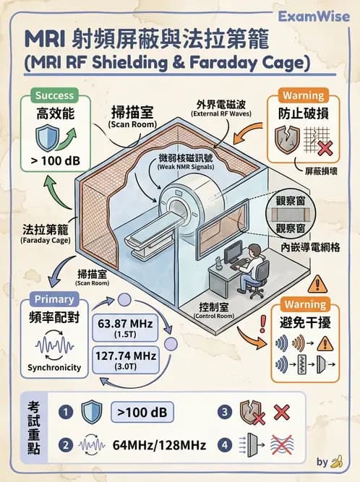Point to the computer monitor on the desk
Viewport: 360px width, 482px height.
(233, 253)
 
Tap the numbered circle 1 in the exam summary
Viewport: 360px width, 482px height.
(67, 412)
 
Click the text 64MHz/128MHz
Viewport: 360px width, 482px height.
(160, 445)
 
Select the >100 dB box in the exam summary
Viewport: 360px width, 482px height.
(142, 412)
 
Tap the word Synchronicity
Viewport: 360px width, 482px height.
(54, 367)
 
